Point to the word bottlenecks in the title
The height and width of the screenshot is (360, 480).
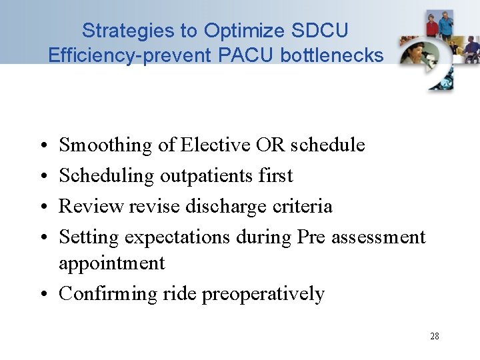[332, 55]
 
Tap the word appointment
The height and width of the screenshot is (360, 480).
[111, 263]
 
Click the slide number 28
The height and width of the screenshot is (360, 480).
[434, 336]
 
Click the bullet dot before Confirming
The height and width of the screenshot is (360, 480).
[42, 295]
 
